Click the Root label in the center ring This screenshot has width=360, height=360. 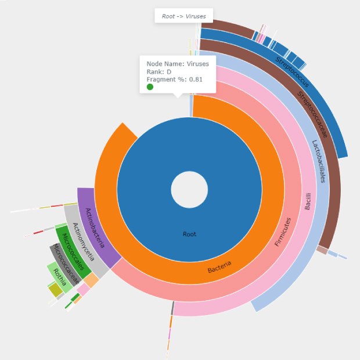[189, 235]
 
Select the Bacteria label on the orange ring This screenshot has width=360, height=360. [219, 267]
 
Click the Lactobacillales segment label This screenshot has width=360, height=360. [319, 161]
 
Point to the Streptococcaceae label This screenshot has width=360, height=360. [313, 114]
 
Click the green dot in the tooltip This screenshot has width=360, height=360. [150, 87]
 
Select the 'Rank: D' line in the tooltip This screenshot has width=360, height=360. [158, 71]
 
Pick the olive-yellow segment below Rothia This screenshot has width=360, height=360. [55, 289]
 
